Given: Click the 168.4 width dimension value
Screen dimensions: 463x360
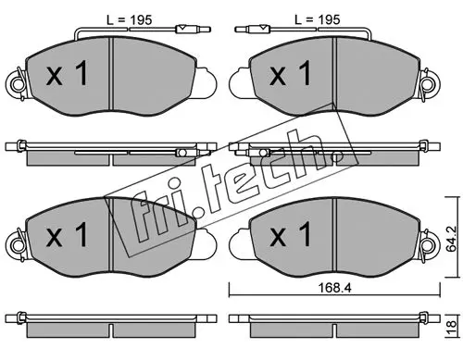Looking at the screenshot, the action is [334, 288].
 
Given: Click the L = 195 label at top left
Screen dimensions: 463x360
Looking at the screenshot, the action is [130, 20].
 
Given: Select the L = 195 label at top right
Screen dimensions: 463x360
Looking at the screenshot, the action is [318, 20].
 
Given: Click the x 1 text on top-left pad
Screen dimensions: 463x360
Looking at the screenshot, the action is [68, 73].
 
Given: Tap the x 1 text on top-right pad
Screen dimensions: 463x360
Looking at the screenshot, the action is [291, 73].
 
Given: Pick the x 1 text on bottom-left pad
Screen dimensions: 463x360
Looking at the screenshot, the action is [68, 234].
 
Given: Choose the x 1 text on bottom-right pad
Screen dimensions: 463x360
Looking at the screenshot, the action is [291, 234].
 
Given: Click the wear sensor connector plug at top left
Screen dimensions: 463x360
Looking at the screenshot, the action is [193, 30].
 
